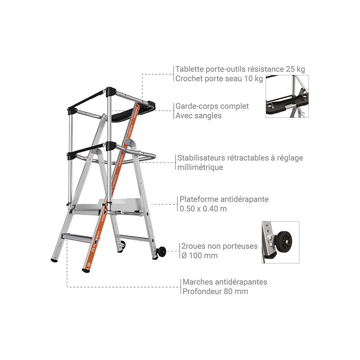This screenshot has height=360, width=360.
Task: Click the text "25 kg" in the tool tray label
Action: [296, 69]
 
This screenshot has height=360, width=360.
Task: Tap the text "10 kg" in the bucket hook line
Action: [253, 78]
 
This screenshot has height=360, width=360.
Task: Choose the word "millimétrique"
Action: [200, 167]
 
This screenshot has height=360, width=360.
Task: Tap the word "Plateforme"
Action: [198, 199]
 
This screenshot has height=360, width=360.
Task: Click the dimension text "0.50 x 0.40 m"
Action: [203, 209]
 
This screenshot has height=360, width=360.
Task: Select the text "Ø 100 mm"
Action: [199, 255]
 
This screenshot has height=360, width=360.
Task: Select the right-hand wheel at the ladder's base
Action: [162, 252]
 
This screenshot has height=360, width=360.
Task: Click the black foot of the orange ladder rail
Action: [85, 271]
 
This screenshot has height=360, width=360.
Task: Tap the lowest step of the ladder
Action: [77, 238]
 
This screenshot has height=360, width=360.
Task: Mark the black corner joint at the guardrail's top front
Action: [111, 92]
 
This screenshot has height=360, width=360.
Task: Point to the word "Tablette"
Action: [189, 69]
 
